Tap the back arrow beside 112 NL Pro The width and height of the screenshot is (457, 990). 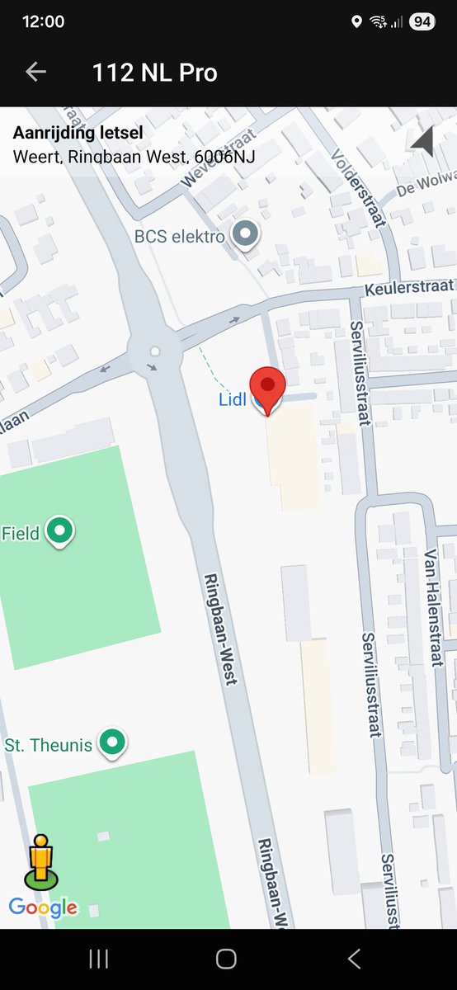pyautogui.click(x=35, y=72)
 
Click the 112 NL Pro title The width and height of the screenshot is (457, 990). pyautogui.click(x=154, y=73)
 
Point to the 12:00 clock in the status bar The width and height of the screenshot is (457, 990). pyautogui.click(x=43, y=22)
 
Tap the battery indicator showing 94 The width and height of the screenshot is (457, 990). pyautogui.click(x=422, y=22)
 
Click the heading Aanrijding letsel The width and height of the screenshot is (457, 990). pyautogui.click(x=78, y=133)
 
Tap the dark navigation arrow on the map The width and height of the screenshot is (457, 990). pyautogui.click(x=422, y=142)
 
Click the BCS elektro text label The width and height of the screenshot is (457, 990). pyautogui.click(x=180, y=238)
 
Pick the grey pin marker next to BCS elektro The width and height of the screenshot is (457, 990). pyautogui.click(x=244, y=234)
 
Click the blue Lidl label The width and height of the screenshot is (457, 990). pyautogui.click(x=232, y=400)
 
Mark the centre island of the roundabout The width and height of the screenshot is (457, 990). pyautogui.click(x=154, y=351)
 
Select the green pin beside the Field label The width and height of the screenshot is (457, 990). pyautogui.click(x=59, y=531)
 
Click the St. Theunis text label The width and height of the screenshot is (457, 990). pyautogui.click(x=48, y=745)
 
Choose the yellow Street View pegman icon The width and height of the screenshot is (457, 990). pyautogui.click(x=41, y=860)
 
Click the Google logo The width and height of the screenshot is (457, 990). pyautogui.click(x=43, y=908)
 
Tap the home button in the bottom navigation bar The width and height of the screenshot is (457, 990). pyautogui.click(x=226, y=959)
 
